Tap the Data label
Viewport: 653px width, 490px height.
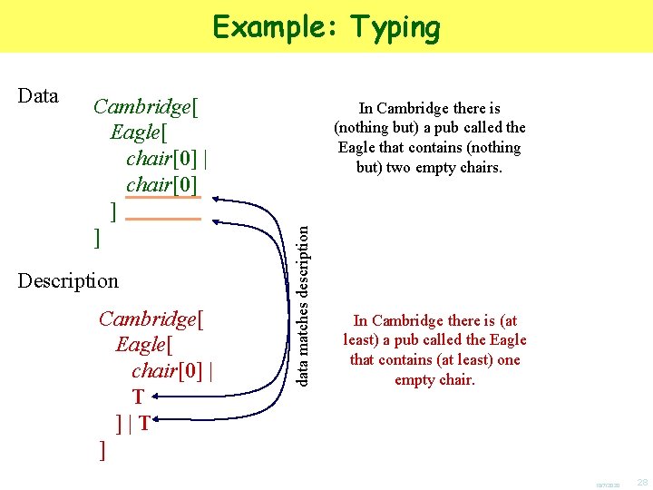click(38, 96)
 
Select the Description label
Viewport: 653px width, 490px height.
click(68, 280)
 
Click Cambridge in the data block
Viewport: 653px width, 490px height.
click(142, 107)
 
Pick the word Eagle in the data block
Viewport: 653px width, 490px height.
click(135, 133)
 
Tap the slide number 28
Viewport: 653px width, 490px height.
click(642, 481)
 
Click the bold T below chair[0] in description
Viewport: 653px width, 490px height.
click(138, 397)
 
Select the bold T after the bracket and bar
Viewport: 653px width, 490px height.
click(144, 423)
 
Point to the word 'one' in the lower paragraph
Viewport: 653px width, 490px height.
click(509, 360)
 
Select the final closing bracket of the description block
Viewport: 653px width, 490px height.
click(102, 449)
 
